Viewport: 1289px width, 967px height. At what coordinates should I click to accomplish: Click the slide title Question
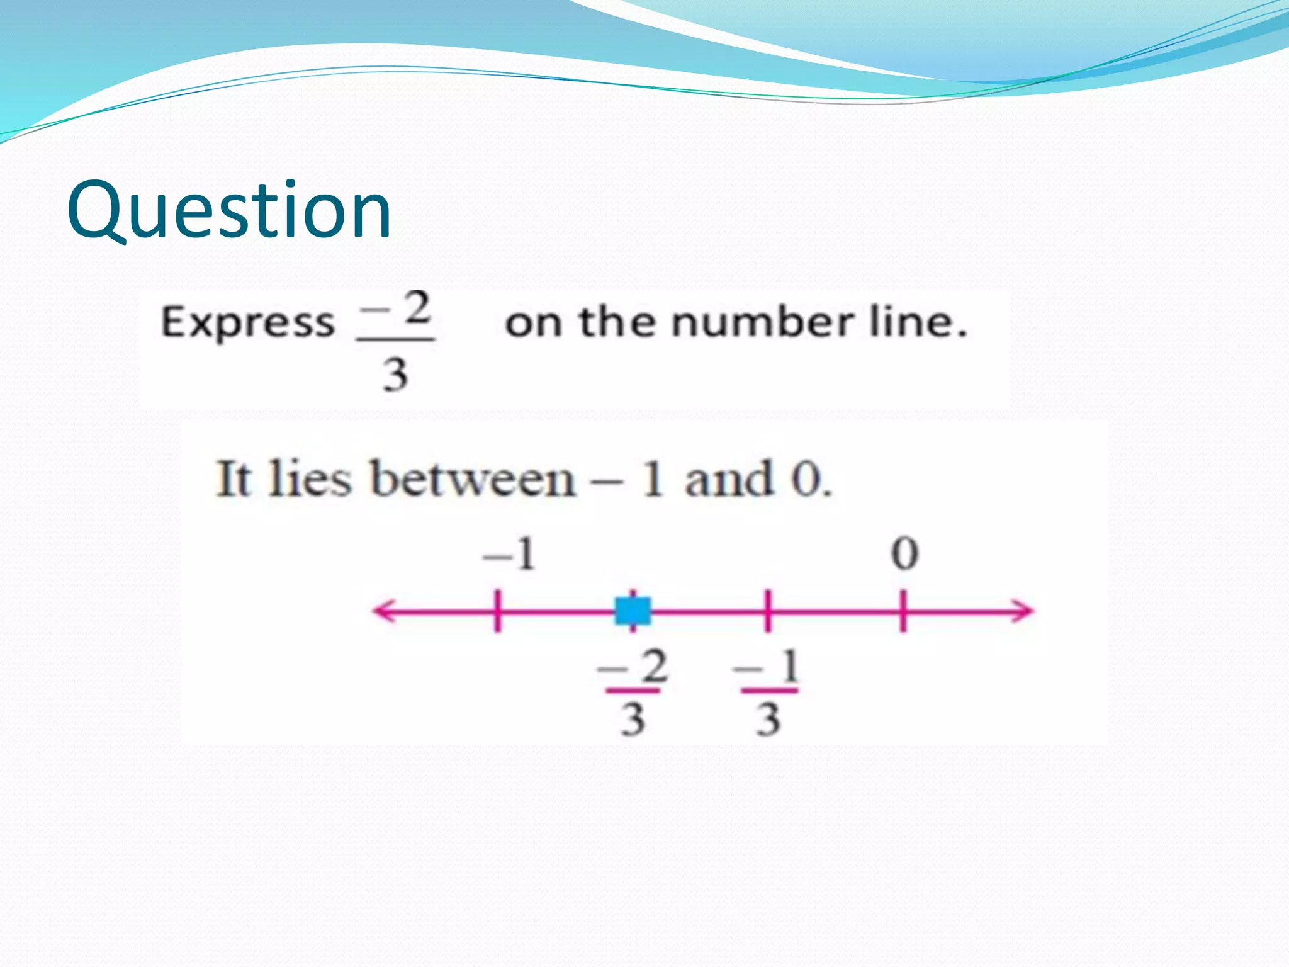coord(229,210)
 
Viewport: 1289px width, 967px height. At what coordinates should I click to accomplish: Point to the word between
coord(472,480)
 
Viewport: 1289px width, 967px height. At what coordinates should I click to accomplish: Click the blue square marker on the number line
coord(633,611)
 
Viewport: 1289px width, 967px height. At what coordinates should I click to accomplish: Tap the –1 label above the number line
coord(509,555)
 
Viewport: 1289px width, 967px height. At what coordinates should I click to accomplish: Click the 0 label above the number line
coord(904,555)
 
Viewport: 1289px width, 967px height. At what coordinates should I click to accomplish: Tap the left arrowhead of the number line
coord(384,611)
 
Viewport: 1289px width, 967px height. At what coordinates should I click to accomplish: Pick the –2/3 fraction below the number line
coord(633,693)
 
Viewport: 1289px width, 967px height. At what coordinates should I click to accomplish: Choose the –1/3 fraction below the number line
coord(768,693)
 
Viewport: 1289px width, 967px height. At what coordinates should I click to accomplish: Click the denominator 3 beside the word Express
coord(395,374)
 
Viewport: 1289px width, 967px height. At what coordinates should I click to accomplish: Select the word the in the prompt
coord(617,322)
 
